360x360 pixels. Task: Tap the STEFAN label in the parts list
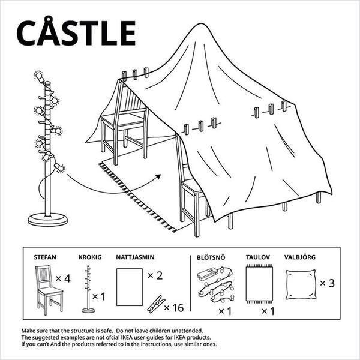[x=45, y=257]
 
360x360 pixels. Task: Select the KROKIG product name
[x=90, y=257]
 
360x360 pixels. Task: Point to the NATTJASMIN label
[x=135, y=257]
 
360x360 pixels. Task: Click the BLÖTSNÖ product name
[x=211, y=257]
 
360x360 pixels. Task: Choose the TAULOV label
[x=258, y=257]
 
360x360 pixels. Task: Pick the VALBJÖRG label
[x=300, y=257]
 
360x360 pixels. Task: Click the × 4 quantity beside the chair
[x=63, y=278]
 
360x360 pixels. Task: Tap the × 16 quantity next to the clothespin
[x=174, y=308]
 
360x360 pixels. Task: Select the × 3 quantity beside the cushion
[x=328, y=283]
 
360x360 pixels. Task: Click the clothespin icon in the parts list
[x=156, y=304]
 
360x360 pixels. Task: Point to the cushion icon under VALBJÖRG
[x=301, y=284]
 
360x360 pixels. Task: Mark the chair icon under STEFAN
[x=49, y=290]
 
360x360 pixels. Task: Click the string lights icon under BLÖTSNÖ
[x=215, y=284]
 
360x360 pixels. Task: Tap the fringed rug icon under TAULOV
[x=259, y=284]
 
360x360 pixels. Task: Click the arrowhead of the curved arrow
[x=158, y=177]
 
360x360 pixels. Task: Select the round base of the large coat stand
[x=48, y=220]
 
